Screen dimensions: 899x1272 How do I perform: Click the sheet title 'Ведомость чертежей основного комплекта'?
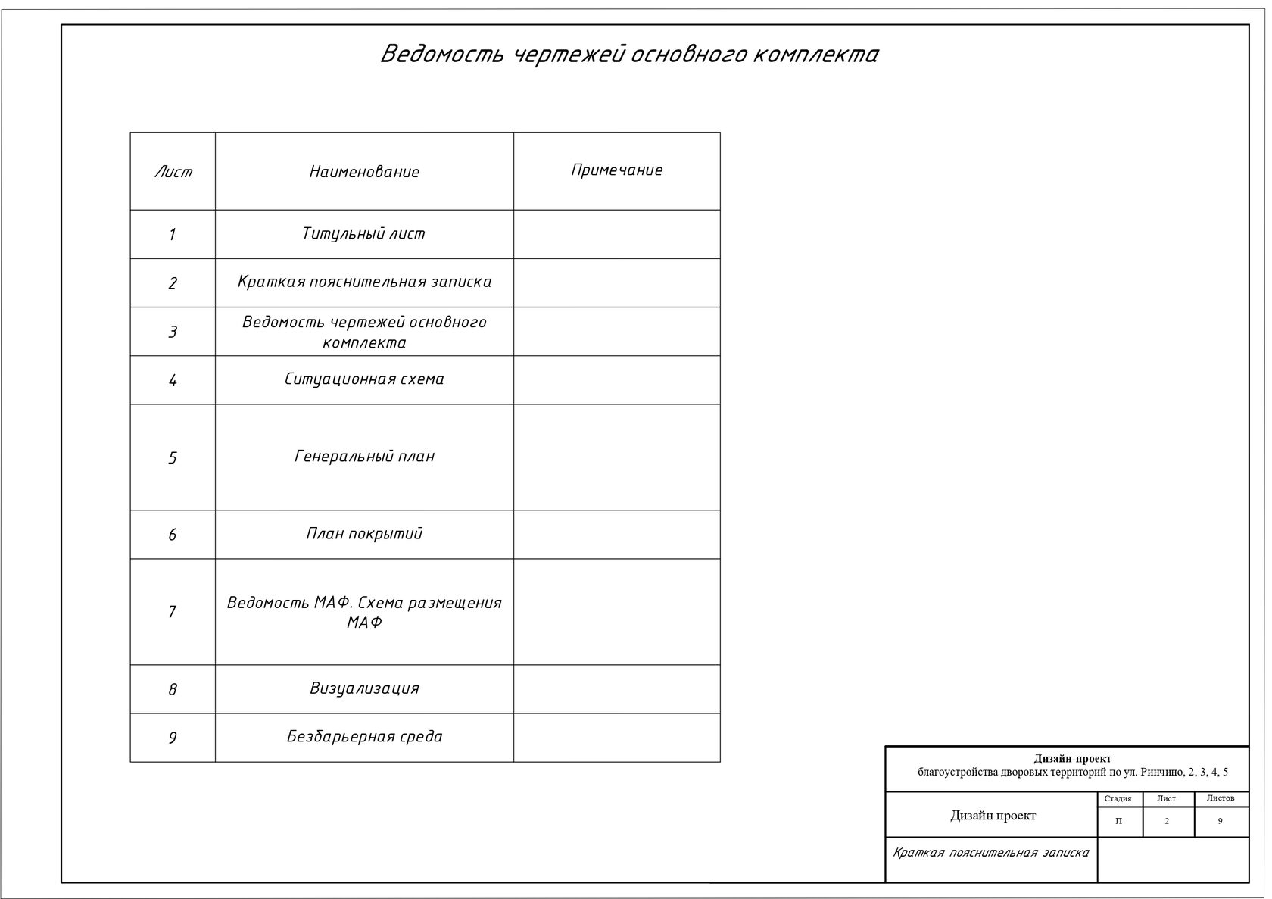point(628,55)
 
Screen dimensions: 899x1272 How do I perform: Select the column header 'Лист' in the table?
point(173,172)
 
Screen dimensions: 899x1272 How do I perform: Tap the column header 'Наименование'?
point(364,172)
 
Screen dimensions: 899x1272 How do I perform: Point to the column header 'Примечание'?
point(616,170)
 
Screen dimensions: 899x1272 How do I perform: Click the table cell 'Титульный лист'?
point(364,234)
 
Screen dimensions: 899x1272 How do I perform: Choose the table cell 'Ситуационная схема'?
point(364,379)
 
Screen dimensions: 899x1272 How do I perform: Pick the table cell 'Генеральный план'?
point(364,457)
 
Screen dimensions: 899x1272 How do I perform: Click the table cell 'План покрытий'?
point(364,534)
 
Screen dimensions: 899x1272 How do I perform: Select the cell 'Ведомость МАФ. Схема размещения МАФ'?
point(364,612)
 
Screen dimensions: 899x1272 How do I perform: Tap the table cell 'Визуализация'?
point(364,688)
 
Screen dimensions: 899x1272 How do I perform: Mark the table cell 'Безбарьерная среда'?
point(364,737)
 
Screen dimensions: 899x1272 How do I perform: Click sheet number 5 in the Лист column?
point(173,458)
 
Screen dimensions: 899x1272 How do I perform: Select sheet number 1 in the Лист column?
point(173,235)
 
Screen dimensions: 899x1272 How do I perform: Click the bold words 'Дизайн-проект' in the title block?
point(1072,759)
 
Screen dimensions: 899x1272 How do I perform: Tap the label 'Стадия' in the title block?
point(1118,798)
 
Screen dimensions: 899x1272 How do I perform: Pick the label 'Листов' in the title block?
point(1220,798)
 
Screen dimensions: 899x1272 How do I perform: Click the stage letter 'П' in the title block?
point(1119,821)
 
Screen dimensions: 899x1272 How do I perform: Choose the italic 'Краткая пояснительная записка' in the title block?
point(990,853)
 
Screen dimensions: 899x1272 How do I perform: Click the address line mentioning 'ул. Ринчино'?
point(1072,773)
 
